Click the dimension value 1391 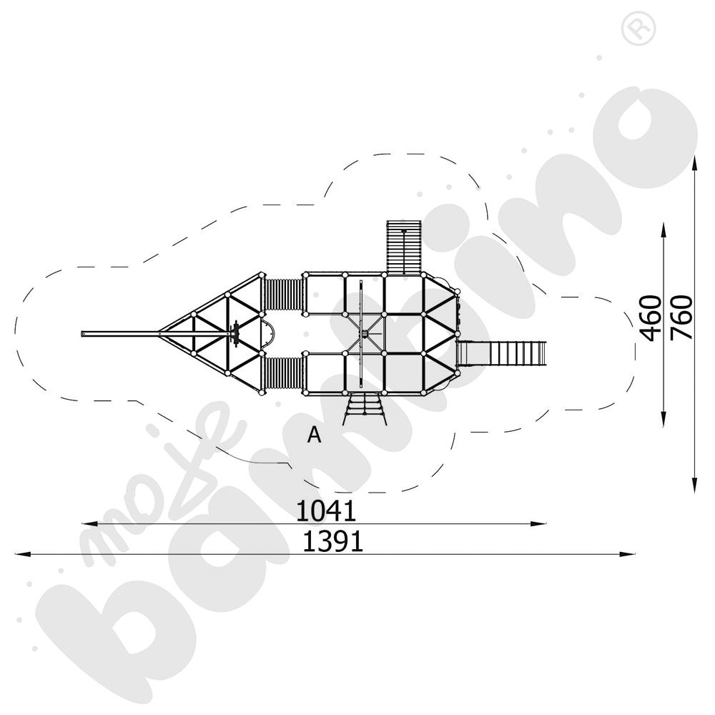333,542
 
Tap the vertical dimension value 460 651,318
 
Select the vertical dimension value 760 681,318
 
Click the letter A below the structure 314,435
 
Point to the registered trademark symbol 638,29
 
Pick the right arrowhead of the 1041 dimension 538,524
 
